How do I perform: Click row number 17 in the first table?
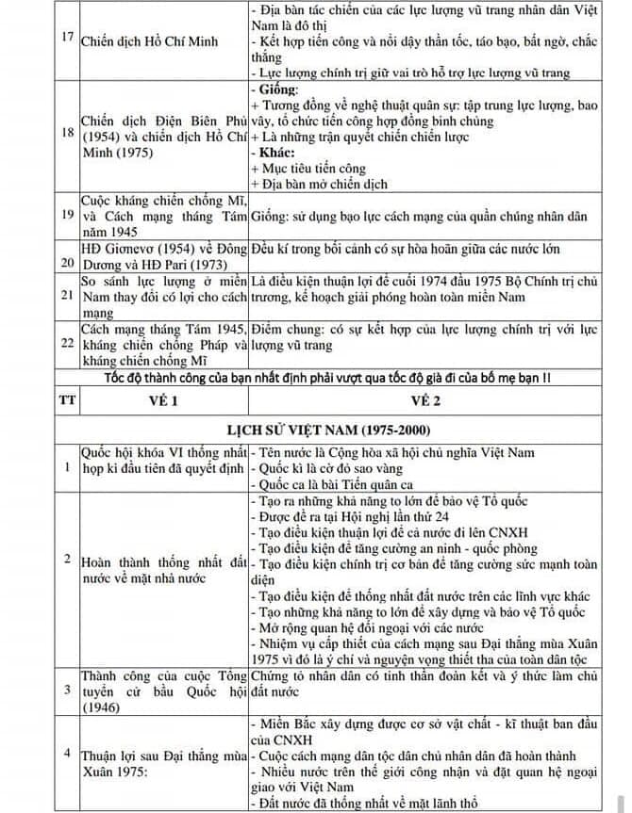[x=66, y=42]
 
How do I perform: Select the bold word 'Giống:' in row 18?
[x=274, y=90]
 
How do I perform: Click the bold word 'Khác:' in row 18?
[x=274, y=150]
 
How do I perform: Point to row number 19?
[x=66, y=216]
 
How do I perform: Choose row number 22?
[x=66, y=344]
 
